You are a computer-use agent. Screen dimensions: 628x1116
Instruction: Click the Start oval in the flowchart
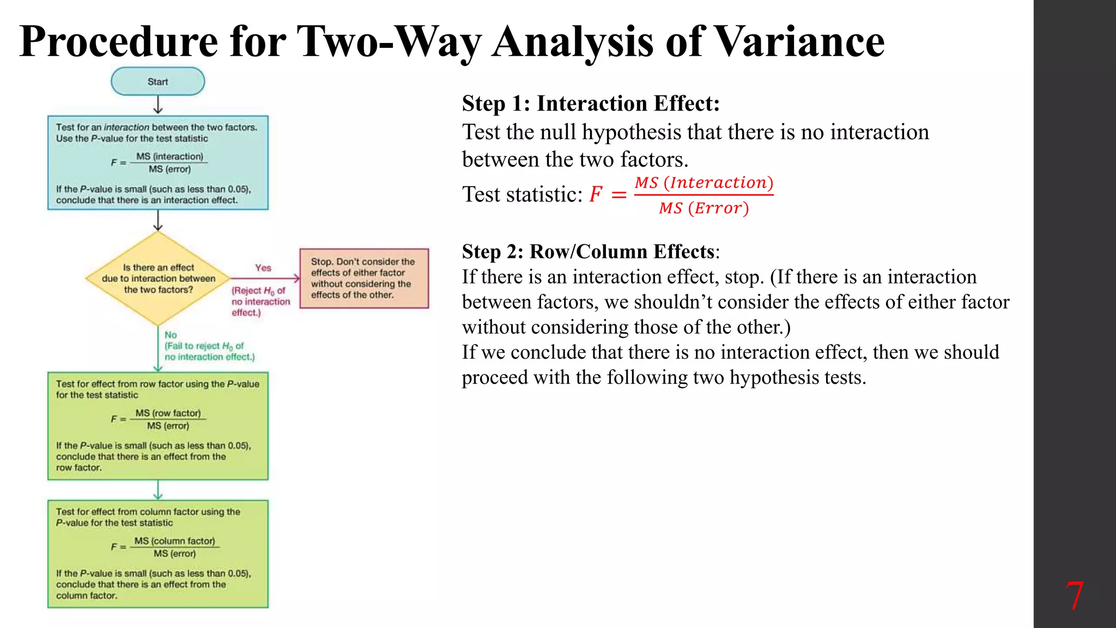pos(157,82)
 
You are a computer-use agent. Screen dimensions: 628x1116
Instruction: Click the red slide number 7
pos(1074,596)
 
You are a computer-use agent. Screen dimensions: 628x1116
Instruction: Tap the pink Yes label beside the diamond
pos(263,268)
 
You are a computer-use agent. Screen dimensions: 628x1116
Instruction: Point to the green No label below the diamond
pos(171,335)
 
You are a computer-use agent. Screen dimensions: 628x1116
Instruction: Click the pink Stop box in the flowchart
pos(364,278)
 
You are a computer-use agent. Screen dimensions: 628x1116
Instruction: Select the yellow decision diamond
pos(158,278)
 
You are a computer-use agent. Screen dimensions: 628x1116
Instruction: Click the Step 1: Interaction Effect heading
pos(591,103)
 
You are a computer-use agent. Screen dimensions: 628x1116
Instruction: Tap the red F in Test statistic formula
pos(596,194)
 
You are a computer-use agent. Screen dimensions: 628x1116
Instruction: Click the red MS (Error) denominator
pos(703,208)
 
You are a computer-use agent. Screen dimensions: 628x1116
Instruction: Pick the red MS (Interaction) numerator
pos(703,183)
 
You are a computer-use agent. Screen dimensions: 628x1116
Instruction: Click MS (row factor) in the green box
pos(168,413)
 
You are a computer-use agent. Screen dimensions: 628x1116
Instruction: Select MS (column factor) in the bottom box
pos(174,541)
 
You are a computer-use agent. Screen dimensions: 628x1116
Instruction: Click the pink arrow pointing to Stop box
pos(266,278)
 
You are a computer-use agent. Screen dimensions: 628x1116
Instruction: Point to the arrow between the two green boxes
pos(158,490)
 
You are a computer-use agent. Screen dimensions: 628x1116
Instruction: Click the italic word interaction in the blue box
pos(126,127)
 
